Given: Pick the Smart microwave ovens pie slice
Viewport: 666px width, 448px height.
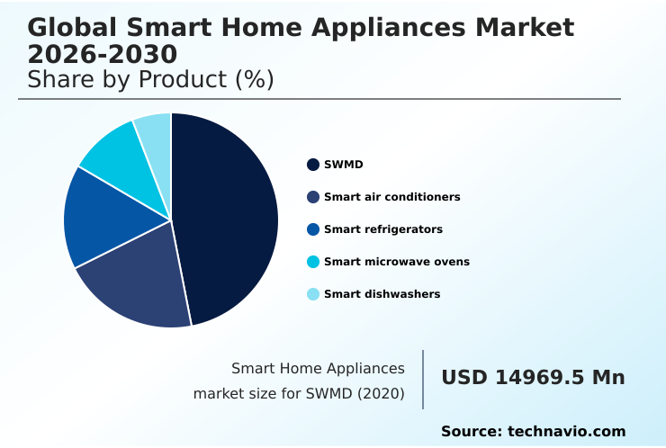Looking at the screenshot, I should pos(121,157).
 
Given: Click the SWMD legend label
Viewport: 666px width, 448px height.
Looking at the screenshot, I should pos(344,165).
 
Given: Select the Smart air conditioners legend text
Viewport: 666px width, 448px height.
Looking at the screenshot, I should pos(391,197).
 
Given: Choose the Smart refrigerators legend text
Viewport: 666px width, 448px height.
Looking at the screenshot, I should pos(382,229).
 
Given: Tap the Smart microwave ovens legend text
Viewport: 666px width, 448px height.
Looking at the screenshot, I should pos(396,262).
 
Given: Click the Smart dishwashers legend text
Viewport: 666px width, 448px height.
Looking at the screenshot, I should pos(382,294).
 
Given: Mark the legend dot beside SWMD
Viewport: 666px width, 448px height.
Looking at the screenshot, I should pos(313,165).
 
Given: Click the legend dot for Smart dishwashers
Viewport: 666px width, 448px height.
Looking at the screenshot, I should pos(313,294).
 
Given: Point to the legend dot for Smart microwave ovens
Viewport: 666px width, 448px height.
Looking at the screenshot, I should pos(313,262).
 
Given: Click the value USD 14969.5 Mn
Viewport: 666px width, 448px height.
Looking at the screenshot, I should pos(533,378).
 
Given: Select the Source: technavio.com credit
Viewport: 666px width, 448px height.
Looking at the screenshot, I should pos(533,432).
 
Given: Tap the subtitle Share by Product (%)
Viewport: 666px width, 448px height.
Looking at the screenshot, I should pos(150,80).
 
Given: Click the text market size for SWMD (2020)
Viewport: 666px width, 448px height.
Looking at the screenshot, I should pos(298,393).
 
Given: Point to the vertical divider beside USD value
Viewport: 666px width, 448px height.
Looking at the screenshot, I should pos(423,380).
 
